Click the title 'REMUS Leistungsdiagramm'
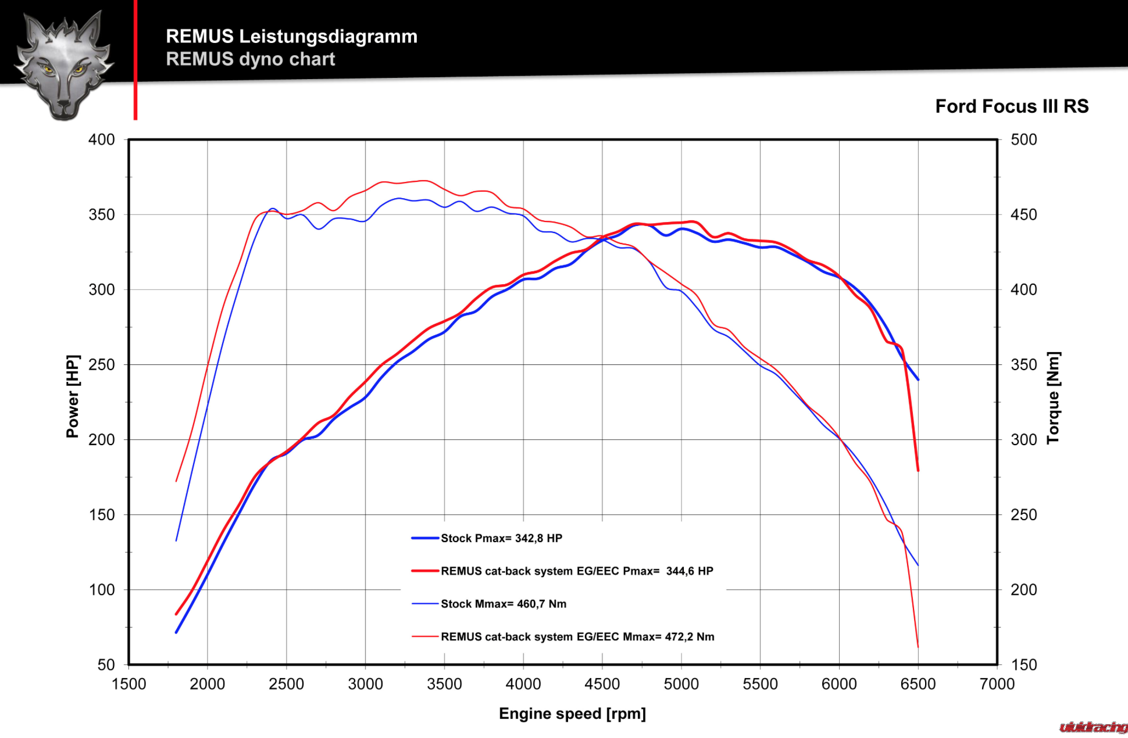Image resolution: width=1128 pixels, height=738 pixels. tap(291, 36)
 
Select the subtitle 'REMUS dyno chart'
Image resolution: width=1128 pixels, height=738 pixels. tap(250, 59)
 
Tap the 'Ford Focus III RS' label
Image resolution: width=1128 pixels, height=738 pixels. tap(1011, 106)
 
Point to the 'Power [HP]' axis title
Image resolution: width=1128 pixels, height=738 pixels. tap(72, 396)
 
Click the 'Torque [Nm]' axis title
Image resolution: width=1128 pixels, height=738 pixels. tap(1053, 398)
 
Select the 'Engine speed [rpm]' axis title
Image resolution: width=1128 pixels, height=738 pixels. tap(572, 714)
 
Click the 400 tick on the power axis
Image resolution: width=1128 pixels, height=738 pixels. tap(102, 139)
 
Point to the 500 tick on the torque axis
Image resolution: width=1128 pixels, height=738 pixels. tap(1023, 139)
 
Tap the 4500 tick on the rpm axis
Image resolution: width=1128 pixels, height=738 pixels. tap(602, 684)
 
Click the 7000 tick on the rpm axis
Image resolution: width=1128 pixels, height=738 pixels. tap(997, 684)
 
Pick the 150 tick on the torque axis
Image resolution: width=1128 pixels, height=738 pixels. tap(1023, 664)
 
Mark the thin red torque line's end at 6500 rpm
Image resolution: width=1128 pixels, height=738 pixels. tap(918, 647)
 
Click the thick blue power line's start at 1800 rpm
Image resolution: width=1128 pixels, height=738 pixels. tap(176, 632)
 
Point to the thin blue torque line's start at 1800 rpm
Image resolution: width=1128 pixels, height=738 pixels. tap(176, 540)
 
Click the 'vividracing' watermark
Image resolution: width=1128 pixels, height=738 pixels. tap(1093, 727)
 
